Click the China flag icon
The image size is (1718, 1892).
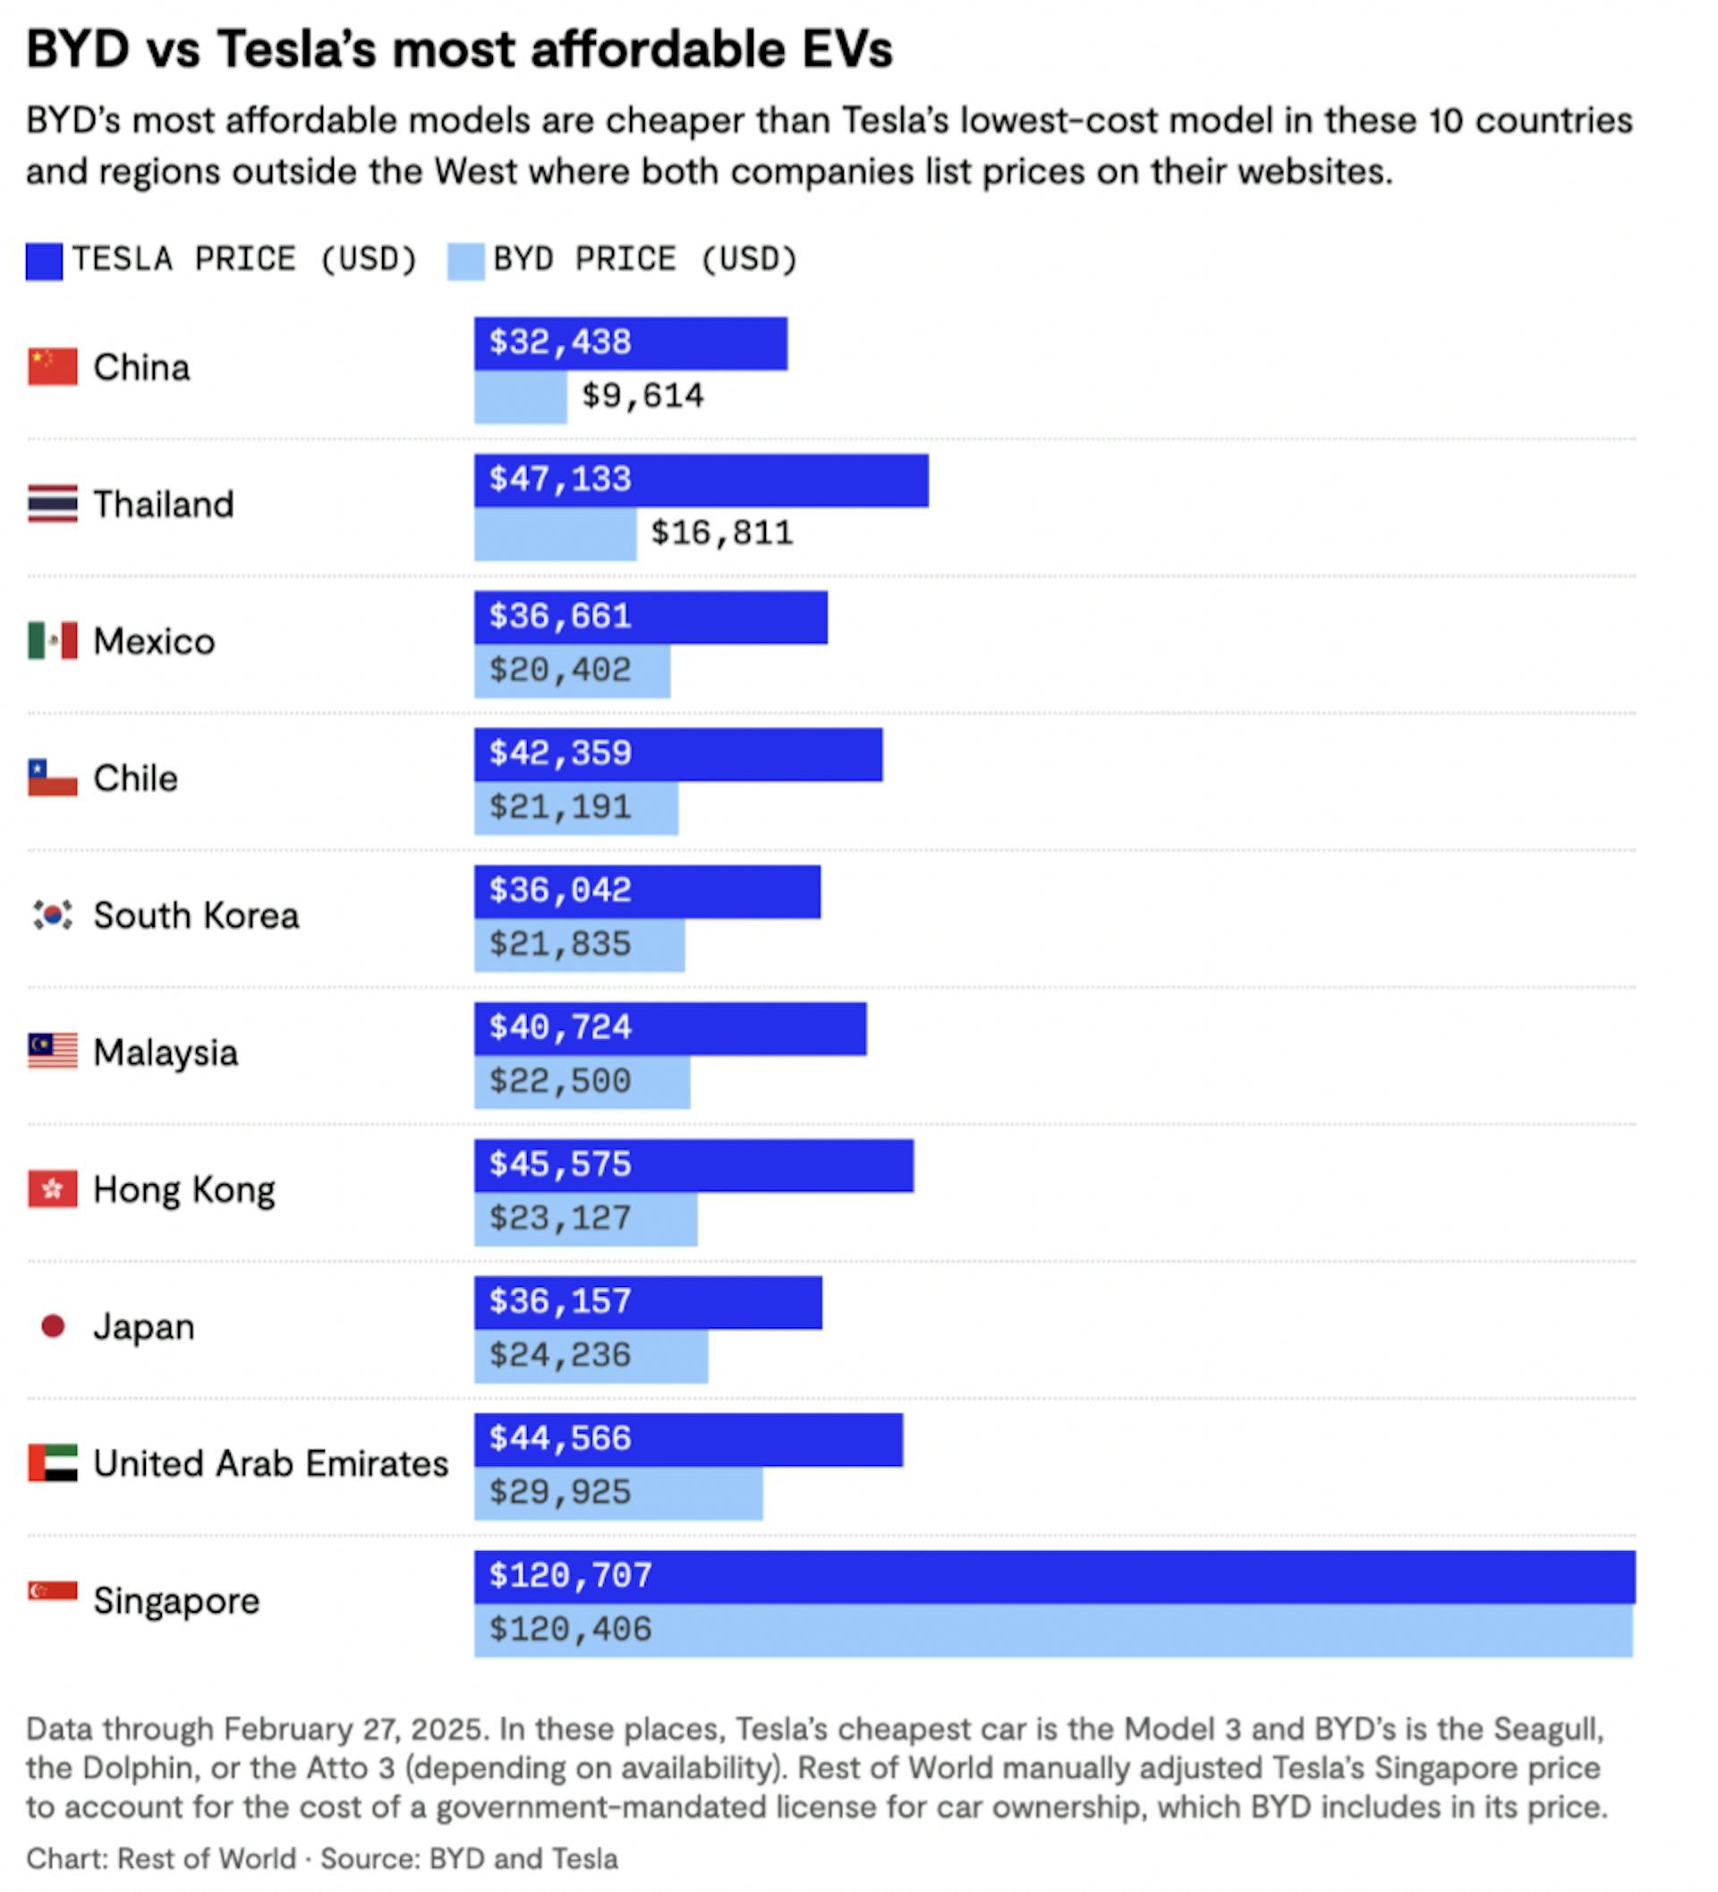(x=53, y=367)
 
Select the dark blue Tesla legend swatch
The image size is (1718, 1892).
(x=44, y=261)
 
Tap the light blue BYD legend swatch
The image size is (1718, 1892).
(x=465, y=261)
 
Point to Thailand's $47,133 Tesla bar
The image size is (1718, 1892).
(x=700, y=481)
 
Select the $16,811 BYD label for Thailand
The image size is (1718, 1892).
(x=720, y=533)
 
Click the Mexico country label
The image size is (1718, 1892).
(x=154, y=642)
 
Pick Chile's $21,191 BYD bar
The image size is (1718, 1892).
(x=575, y=807)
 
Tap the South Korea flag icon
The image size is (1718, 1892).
(x=53, y=915)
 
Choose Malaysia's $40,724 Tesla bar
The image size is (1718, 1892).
(x=669, y=1028)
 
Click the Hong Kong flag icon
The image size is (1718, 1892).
(x=53, y=1189)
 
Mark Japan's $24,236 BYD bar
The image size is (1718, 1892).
(x=591, y=1355)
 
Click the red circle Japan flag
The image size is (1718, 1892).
(x=53, y=1326)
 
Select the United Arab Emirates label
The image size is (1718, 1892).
(x=270, y=1463)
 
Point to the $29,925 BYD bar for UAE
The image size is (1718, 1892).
(x=617, y=1492)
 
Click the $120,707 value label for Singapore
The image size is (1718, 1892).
(x=570, y=1576)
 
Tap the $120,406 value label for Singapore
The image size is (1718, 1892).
(x=570, y=1629)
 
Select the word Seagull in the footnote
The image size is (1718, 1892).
(x=1547, y=1730)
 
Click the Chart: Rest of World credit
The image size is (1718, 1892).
(x=160, y=1858)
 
